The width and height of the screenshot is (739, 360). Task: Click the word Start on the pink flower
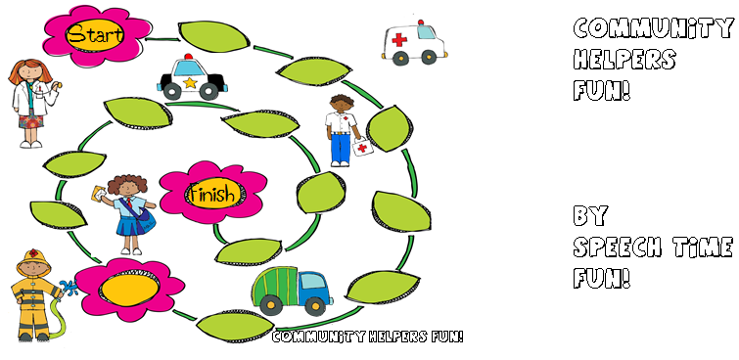point(95,34)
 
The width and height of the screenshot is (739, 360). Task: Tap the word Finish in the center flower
point(212,194)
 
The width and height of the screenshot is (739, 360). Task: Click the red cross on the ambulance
point(399,39)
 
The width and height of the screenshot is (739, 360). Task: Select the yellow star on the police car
point(190,83)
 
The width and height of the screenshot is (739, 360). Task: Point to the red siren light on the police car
point(189,57)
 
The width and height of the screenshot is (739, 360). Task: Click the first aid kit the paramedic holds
point(362,147)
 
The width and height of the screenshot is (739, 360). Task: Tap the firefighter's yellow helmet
point(33,260)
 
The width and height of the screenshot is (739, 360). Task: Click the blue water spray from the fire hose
point(69,287)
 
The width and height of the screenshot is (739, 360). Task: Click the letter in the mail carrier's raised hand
point(100,193)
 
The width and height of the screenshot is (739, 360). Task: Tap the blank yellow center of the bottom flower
point(129,290)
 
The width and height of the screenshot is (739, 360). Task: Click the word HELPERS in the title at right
point(624,61)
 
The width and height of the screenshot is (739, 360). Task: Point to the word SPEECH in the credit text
point(618,247)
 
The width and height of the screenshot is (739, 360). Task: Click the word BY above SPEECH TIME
point(590,216)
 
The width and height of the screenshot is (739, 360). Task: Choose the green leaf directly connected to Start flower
point(214,36)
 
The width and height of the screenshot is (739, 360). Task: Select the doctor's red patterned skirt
point(31,121)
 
